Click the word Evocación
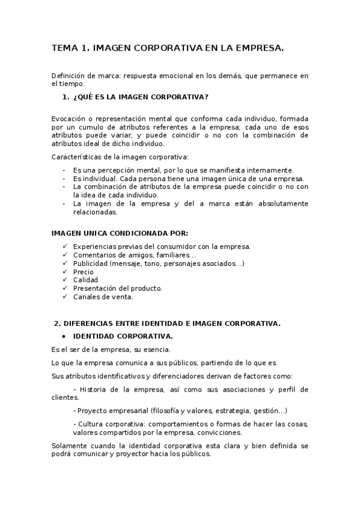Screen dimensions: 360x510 click(69, 119)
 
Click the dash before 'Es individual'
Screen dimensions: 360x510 click(64, 179)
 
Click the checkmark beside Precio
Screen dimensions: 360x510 click(65, 272)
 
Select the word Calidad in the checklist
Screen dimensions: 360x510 click(85, 280)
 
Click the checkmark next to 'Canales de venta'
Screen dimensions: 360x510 click(65, 297)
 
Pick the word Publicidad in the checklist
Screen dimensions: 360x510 click(90, 263)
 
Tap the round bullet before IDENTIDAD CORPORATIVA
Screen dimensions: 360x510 click(64, 336)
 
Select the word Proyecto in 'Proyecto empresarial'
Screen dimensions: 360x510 click(92, 411)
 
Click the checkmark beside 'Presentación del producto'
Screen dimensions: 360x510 click(65, 289)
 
